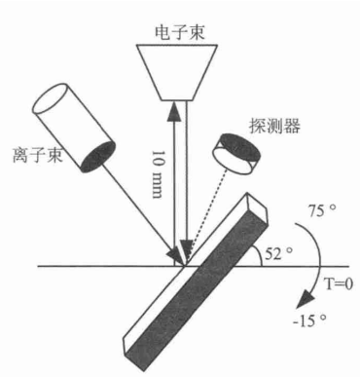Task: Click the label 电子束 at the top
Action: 180,32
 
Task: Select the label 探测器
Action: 274,126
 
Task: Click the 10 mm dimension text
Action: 157,173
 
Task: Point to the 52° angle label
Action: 279,253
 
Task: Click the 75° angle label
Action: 321,210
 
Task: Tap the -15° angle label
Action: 309,320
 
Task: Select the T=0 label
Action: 339,284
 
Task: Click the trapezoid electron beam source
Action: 177,72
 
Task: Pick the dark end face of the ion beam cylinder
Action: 98,157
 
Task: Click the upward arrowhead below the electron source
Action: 173,111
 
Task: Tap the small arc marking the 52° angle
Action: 256,255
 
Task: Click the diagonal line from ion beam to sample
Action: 140,210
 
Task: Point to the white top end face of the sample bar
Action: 258,207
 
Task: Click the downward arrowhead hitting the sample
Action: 186,249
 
